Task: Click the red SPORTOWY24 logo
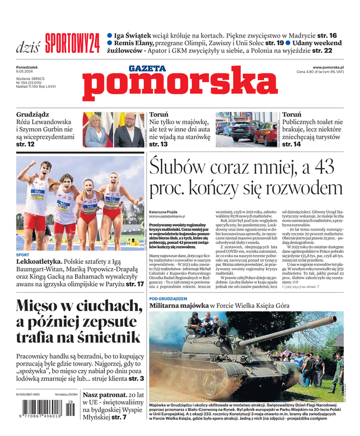(x=72, y=43)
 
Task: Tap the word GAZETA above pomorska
(x=147, y=69)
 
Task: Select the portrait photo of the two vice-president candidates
(x=113, y=130)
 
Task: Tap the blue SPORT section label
(x=23, y=255)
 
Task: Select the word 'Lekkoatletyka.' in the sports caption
(x=39, y=262)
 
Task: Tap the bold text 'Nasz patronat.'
(x=107, y=393)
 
